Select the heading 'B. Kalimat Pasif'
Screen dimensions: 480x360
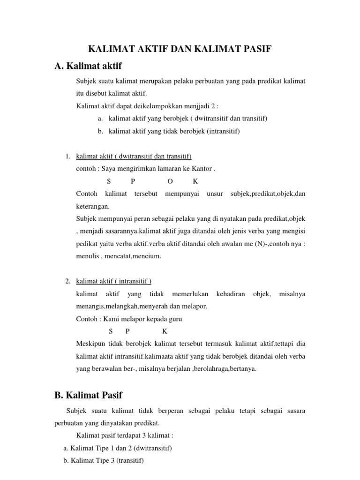[x=89, y=395]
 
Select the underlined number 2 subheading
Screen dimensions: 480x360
[x=114, y=281]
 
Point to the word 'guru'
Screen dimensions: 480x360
[x=175, y=319]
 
